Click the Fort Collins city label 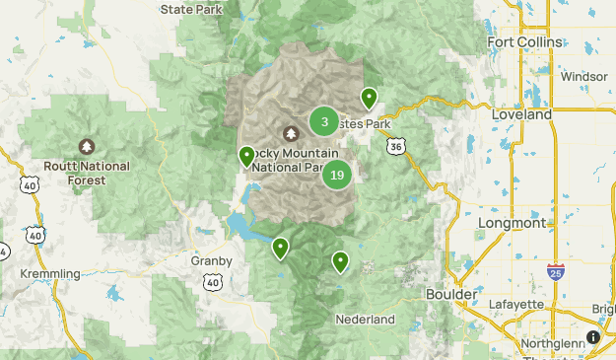pos(524,42)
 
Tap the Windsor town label pos(583,76)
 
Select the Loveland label pos(521,114)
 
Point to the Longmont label pos(512,223)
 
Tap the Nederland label pos(365,320)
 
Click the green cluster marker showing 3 pos(324,121)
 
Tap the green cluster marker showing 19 pos(337,176)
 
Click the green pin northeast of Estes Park pos(369,98)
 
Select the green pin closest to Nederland pos(340,261)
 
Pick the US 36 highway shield pos(395,145)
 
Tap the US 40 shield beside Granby pos(212,282)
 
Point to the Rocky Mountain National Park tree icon pos(292,133)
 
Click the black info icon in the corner pos(593,337)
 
